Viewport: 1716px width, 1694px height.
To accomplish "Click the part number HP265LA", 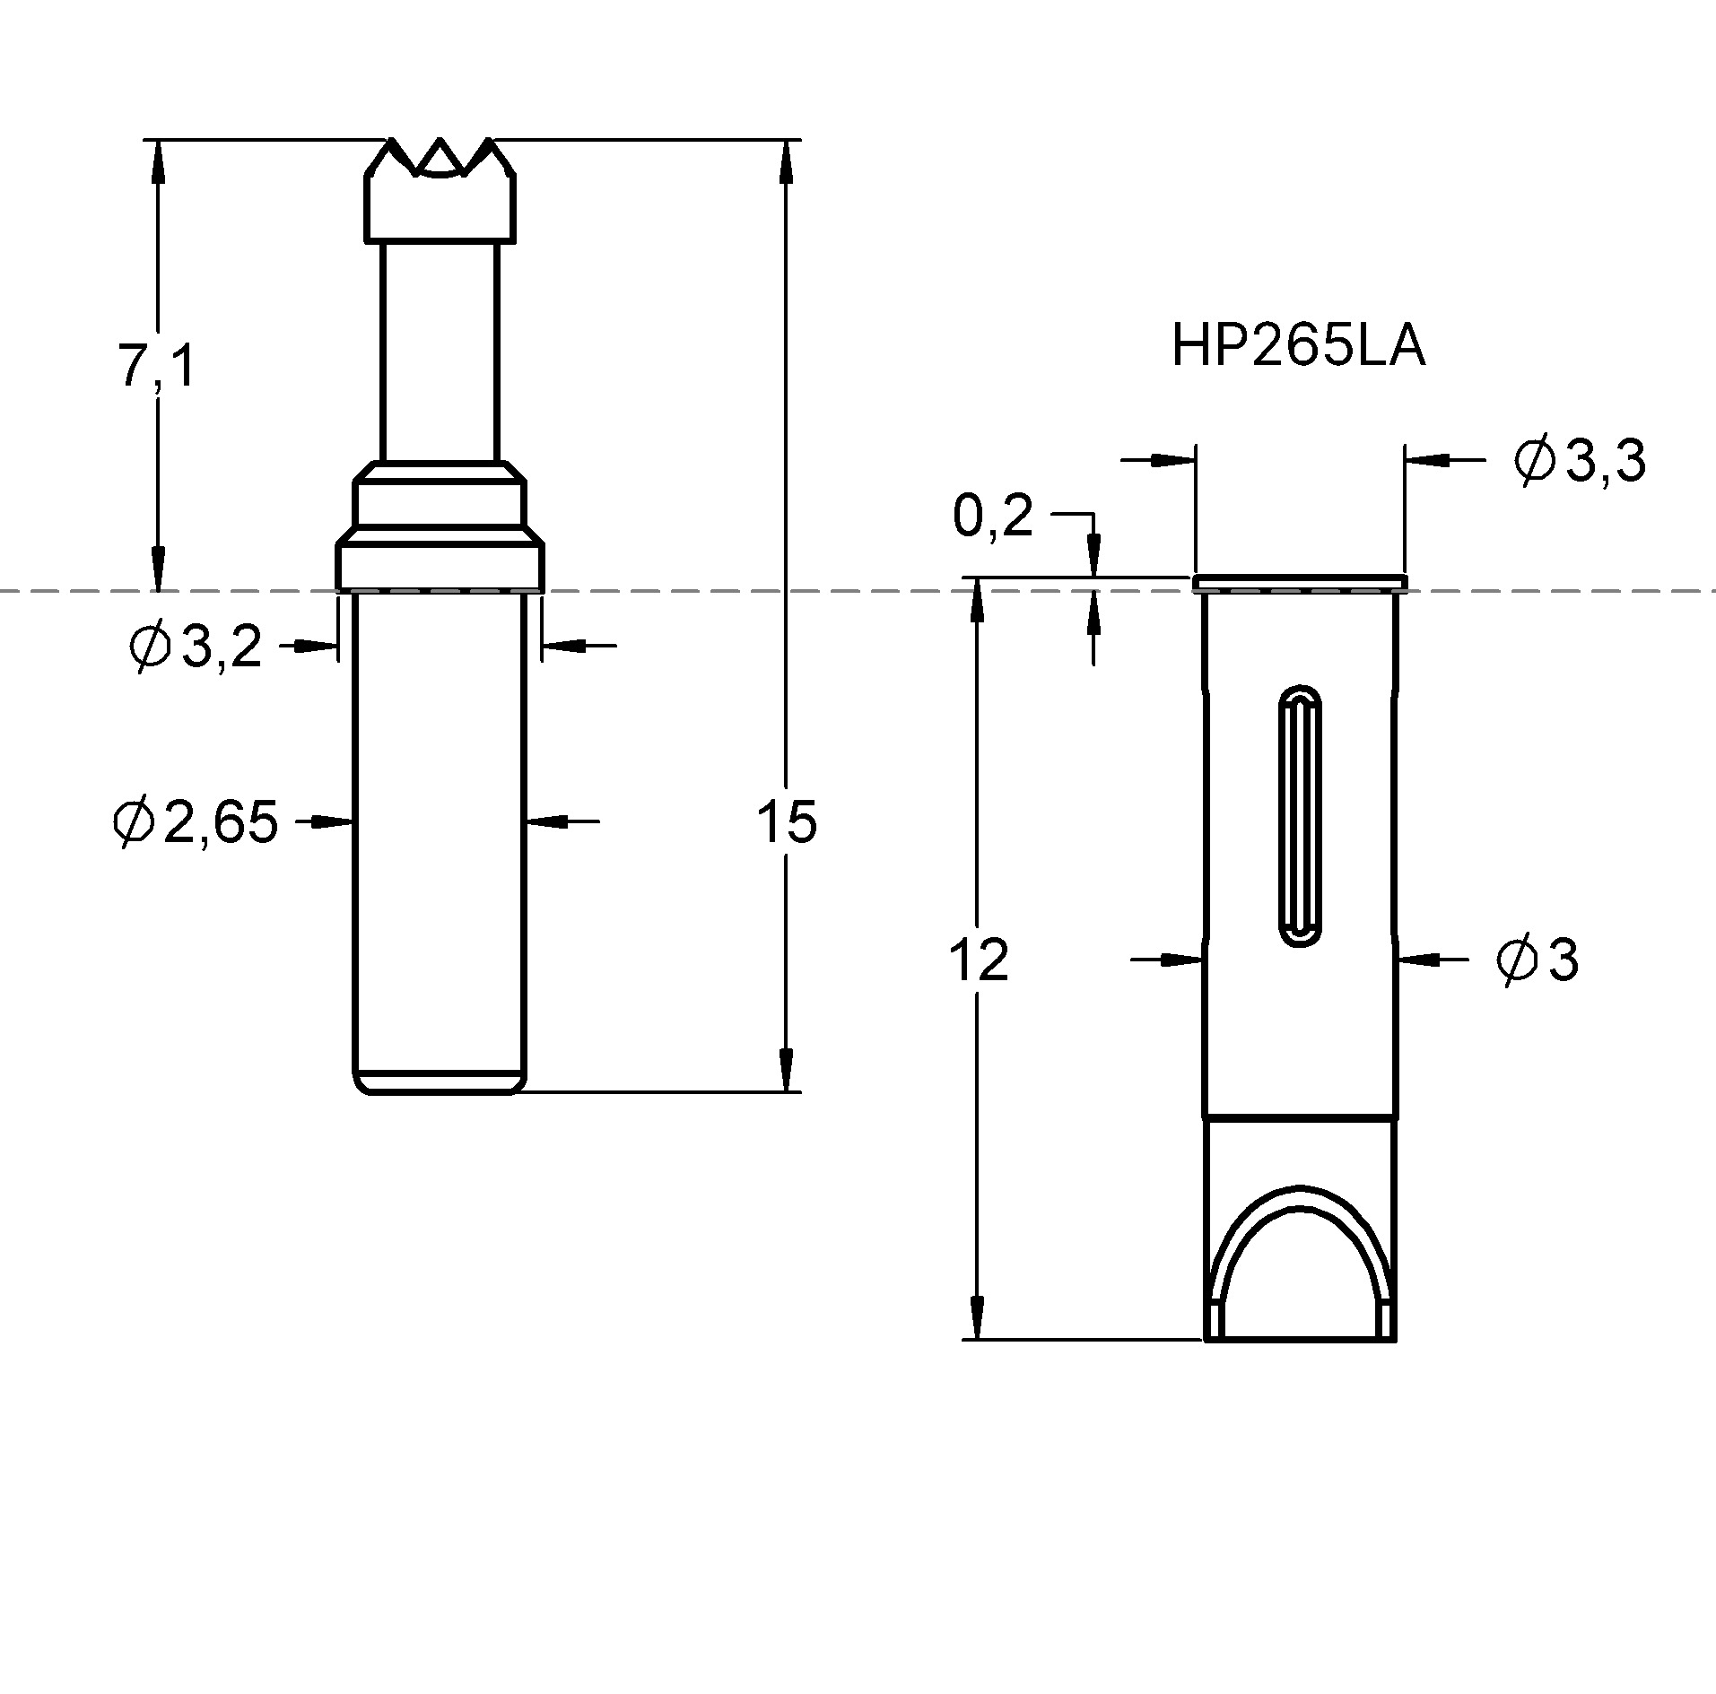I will (1297, 346).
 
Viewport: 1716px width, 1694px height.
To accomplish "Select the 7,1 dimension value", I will (156, 366).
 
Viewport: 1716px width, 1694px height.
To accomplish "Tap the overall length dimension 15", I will (787, 821).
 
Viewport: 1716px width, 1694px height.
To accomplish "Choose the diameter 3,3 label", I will (1579, 461).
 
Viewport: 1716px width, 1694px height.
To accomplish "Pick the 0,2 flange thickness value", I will (993, 517).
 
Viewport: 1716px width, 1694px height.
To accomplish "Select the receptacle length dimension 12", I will (978, 960).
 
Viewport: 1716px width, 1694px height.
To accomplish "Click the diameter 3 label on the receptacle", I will (1537, 960).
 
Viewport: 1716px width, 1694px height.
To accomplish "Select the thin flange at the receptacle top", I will (1299, 584).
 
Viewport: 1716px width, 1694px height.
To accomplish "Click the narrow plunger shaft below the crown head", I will (439, 350).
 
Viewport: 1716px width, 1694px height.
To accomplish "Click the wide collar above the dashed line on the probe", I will (440, 563).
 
